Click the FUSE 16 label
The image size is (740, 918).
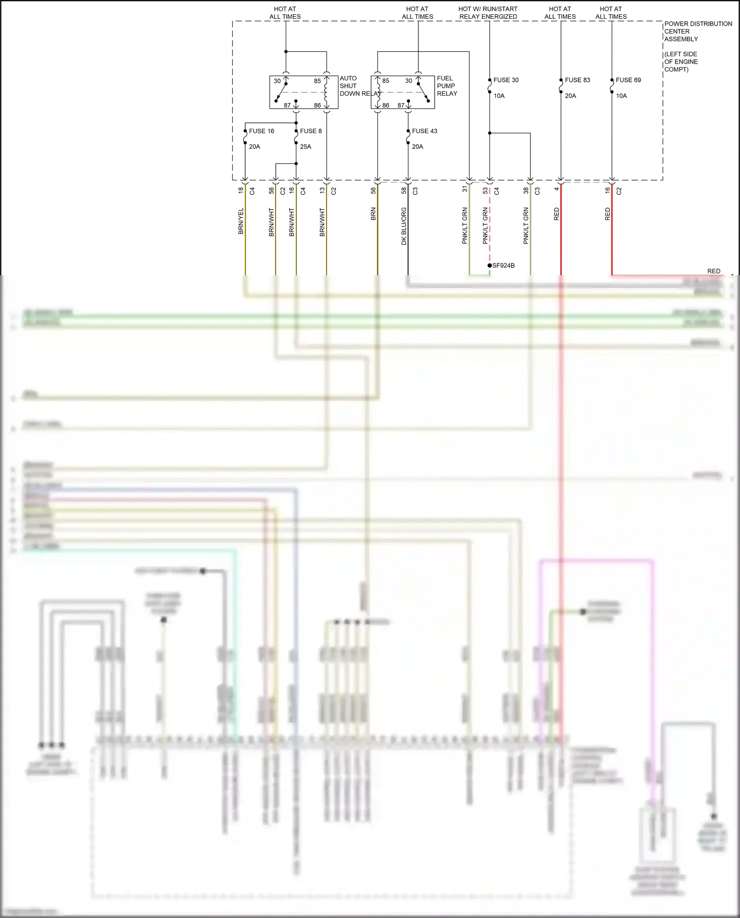261,131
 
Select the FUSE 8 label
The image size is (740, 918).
311,131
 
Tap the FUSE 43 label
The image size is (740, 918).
424,131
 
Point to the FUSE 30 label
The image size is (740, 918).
506,80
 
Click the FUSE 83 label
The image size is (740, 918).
577,80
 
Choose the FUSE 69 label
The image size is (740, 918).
628,80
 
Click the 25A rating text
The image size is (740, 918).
305,147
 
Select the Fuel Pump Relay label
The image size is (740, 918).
447,86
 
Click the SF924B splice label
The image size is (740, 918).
503,265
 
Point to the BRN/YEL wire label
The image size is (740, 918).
241,221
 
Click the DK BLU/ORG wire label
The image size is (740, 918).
404,226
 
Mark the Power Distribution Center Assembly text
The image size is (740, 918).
698,31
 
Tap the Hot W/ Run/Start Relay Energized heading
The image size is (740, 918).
488,13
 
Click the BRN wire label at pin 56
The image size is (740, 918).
373,214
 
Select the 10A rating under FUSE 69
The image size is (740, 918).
621,96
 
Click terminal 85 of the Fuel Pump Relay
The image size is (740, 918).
386,81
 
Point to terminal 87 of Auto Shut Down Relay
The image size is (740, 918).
287,105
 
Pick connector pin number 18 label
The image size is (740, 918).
241,190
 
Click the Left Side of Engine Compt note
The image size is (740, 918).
681,62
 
